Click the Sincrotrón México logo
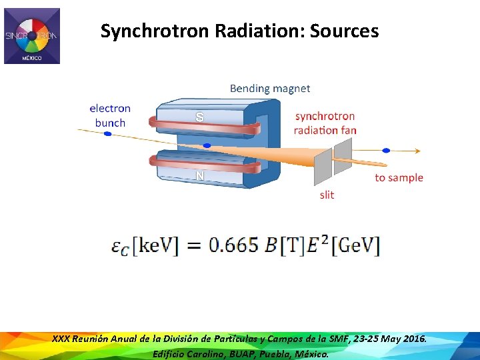pyautogui.click(x=32, y=36)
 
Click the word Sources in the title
pyautogui.click(x=345, y=31)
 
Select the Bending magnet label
pyautogui.click(x=270, y=88)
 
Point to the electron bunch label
pyautogui.click(x=110, y=115)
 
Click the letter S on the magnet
pyautogui.click(x=199, y=117)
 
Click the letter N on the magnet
pyautogui.click(x=199, y=176)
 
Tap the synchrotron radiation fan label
pyautogui.click(x=325, y=123)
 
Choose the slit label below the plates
pyautogui.click(x=327, y=195)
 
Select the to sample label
pyautogui.click(x=399, y=177)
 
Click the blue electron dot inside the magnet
pyautogui.click(x=207, y=145)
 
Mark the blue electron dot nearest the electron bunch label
pyautogui.click(x=107, y=134)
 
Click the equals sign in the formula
pyautogui.click(x=193, y=246)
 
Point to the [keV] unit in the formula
pyautogui.click(x=155, y=246)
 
